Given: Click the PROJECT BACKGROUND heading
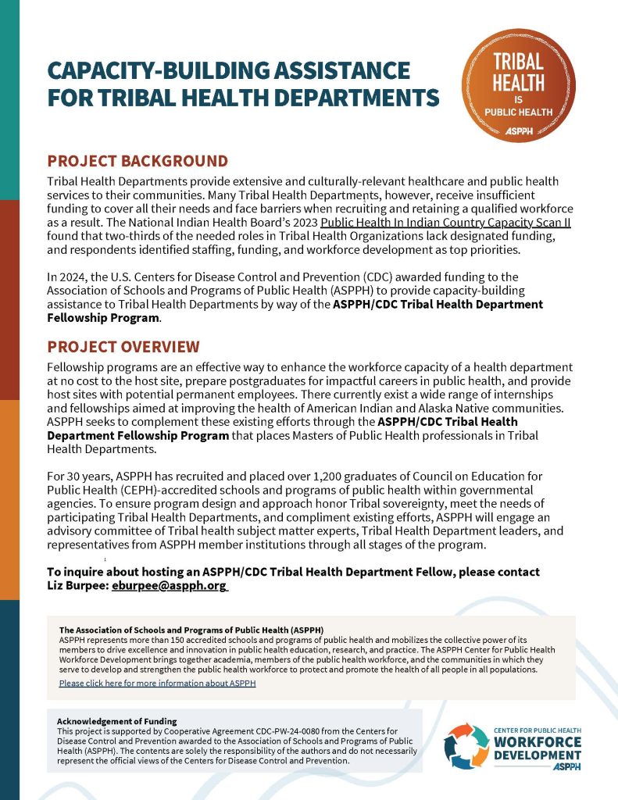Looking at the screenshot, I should (138, 162).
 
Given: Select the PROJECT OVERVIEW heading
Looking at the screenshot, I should (123, 347).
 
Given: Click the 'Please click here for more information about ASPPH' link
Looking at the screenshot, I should (157, 684).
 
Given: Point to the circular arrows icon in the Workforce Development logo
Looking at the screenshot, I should (466, 746).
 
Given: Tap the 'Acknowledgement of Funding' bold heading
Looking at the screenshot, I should (117, 720).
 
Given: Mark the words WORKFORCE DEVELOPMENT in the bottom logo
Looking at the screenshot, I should (537, 748).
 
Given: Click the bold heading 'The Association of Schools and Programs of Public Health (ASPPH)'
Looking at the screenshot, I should (191, 630).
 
